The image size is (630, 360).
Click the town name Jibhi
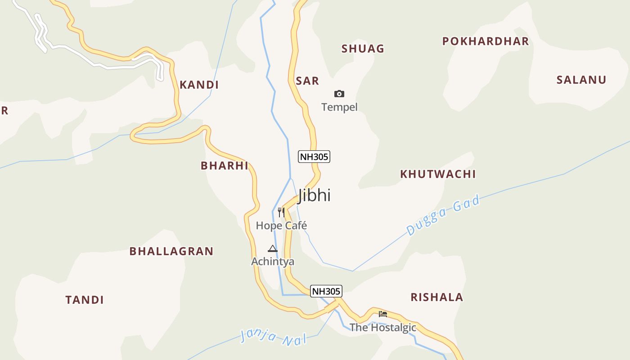point(314,195)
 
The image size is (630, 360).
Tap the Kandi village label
point(199,85)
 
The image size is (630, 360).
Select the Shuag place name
point(363,49)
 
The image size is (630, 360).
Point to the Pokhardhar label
point(485,41)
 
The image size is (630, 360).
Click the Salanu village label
point(581,80)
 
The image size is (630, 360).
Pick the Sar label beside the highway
point(307,81)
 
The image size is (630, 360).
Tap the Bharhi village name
point(224,166)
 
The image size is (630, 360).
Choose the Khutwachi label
point(438,174)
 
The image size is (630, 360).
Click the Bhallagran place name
point(171,251)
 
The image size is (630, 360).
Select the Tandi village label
point(85,300)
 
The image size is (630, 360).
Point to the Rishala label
point(436,297)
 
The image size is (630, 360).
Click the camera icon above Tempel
point(339,94)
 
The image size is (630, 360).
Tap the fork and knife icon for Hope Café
point(281,212)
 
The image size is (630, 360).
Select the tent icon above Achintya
point(273,248)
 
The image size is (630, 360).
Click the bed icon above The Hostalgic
point(383,314)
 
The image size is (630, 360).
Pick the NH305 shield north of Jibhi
point(314,157)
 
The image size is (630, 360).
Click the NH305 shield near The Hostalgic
point(326,291)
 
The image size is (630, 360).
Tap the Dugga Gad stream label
point(443,215)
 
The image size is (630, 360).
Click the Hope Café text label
point(281,225)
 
